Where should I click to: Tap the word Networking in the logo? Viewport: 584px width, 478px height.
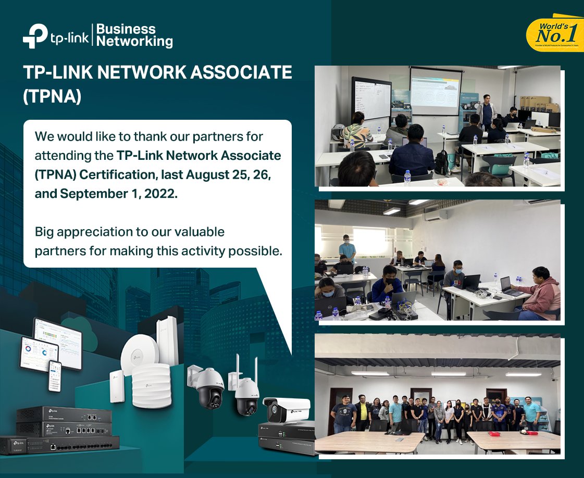[x=135, y=41]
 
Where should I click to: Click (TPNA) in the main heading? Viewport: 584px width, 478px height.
[x=53, y=97]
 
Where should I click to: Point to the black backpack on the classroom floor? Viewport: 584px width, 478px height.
[x=441, y=162]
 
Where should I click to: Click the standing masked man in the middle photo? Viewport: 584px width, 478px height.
[x=347, y=248]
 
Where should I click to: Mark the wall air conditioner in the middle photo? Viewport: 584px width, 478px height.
[x=435, y=214]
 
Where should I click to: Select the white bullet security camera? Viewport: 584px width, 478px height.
[x=285, y=409]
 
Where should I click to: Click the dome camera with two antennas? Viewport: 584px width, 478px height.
[x=246, y=391]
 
